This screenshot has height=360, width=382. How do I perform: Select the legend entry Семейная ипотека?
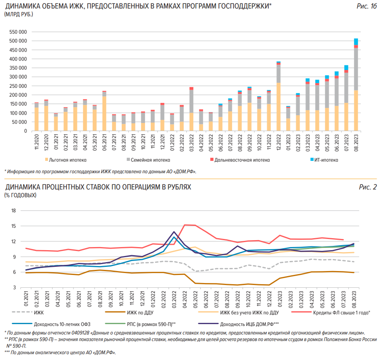(x=153, y=160)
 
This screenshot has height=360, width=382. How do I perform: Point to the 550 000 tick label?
(x=17, y=32)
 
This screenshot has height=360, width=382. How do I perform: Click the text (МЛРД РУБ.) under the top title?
(x=19, y=14)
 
